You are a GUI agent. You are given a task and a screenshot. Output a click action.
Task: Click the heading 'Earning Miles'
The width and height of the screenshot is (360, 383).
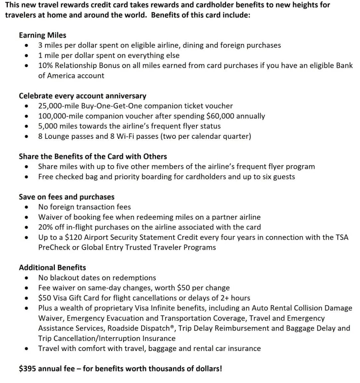point(43,35)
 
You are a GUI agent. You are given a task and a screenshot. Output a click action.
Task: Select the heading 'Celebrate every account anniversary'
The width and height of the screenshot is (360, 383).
point(82,96)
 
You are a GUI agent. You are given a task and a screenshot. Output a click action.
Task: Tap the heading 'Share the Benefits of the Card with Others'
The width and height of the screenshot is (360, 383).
point(93,156)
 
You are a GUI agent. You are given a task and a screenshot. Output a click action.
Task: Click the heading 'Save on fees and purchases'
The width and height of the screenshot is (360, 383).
point(67,197)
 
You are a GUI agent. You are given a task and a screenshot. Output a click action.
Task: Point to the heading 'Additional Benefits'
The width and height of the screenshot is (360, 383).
point(53,267)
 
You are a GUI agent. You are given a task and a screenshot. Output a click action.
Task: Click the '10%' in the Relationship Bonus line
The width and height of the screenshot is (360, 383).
point(45,66)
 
